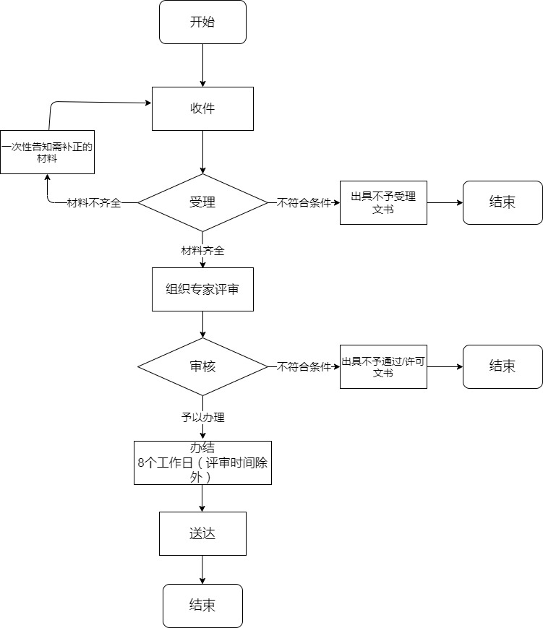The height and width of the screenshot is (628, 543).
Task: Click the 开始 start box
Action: click(x=202, y=22)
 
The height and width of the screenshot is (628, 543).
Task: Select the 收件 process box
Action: click(x=202, y=108)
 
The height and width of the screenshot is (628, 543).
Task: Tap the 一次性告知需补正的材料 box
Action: click(x=47, y=152)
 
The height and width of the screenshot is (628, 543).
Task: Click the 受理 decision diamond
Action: click(x=202, y=202)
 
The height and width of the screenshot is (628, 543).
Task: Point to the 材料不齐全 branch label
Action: click(x=94, y=203)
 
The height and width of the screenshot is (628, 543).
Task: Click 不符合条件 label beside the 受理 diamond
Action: click(x=304, y=203)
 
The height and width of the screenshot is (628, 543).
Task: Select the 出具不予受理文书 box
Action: click(x=383, y=202)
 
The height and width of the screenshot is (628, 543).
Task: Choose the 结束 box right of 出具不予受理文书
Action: click(x=503, y=202)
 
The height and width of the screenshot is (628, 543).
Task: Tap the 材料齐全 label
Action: click(x=202, y=251)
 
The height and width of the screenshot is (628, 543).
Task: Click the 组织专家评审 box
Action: click(x=202, y=289)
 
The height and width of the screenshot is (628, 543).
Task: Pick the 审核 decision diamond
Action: click(x=202, y=366)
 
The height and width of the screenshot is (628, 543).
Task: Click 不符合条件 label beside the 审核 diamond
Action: click(x=304, y=366)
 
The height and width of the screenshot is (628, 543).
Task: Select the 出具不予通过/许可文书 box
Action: click(x=383, y=366)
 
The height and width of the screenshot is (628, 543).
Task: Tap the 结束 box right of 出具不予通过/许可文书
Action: click(x=503, y=366)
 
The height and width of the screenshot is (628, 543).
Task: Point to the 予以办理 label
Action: click(x=202, y=417)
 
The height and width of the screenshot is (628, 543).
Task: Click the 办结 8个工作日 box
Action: click(x=202, y=463)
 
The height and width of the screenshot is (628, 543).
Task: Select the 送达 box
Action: click(x=202, y=534)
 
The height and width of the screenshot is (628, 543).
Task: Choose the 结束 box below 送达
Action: click(x=202, y=606)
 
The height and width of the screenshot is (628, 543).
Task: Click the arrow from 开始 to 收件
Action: click(x=203, y=65)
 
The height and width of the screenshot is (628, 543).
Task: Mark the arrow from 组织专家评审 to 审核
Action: click(x=203, y=324)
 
